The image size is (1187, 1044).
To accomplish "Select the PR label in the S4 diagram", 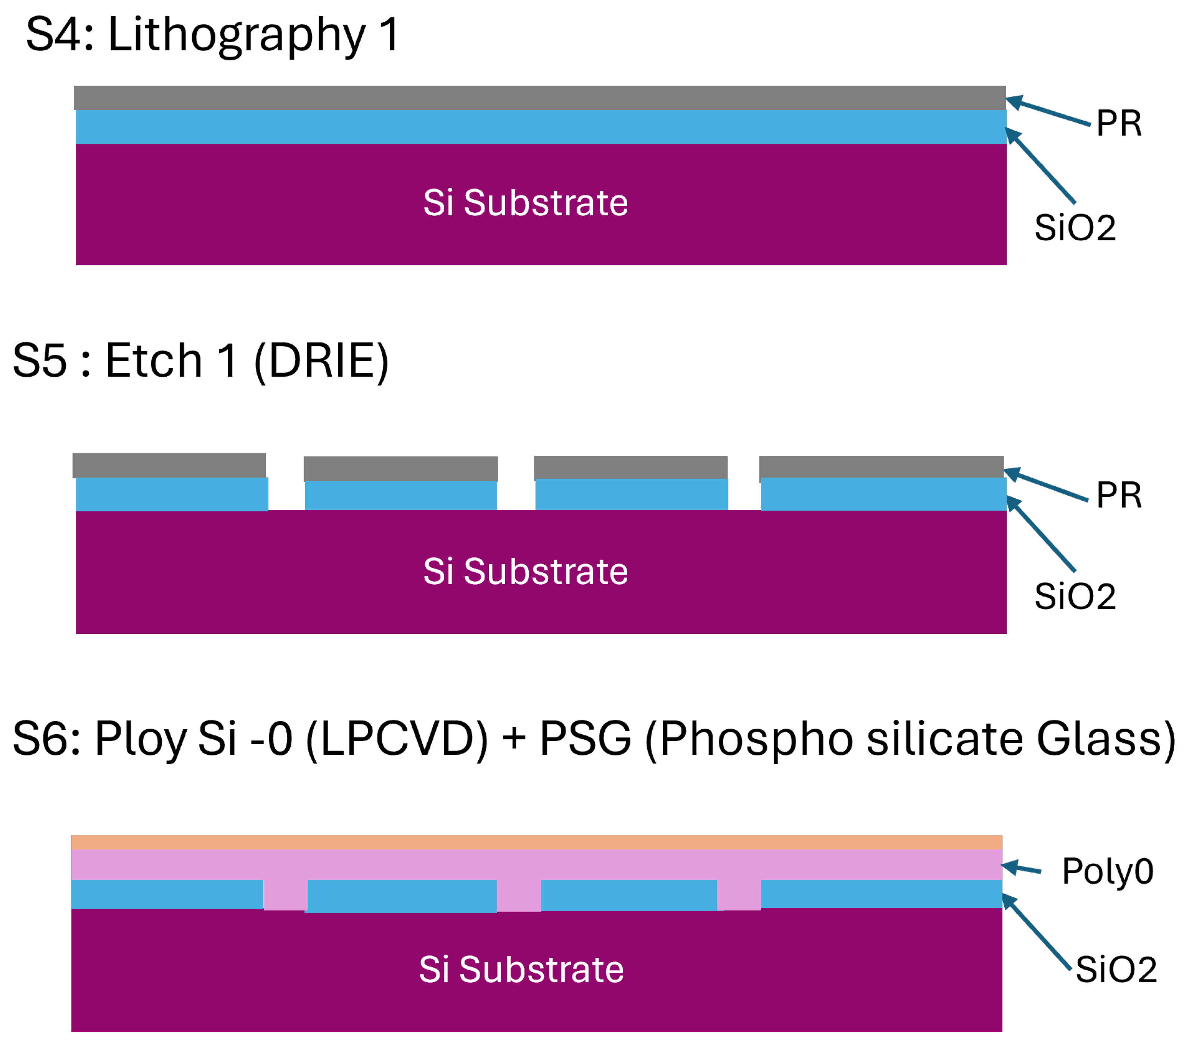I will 1118,124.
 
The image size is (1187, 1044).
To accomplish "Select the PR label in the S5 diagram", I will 1118,495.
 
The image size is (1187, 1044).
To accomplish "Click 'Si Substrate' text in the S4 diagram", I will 526,203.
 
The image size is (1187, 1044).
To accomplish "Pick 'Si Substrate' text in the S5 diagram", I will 526,572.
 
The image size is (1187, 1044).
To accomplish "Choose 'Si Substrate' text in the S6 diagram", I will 521,970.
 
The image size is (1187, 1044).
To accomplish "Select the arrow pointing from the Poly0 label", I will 1022,869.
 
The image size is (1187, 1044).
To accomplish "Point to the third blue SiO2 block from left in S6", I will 629,894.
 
